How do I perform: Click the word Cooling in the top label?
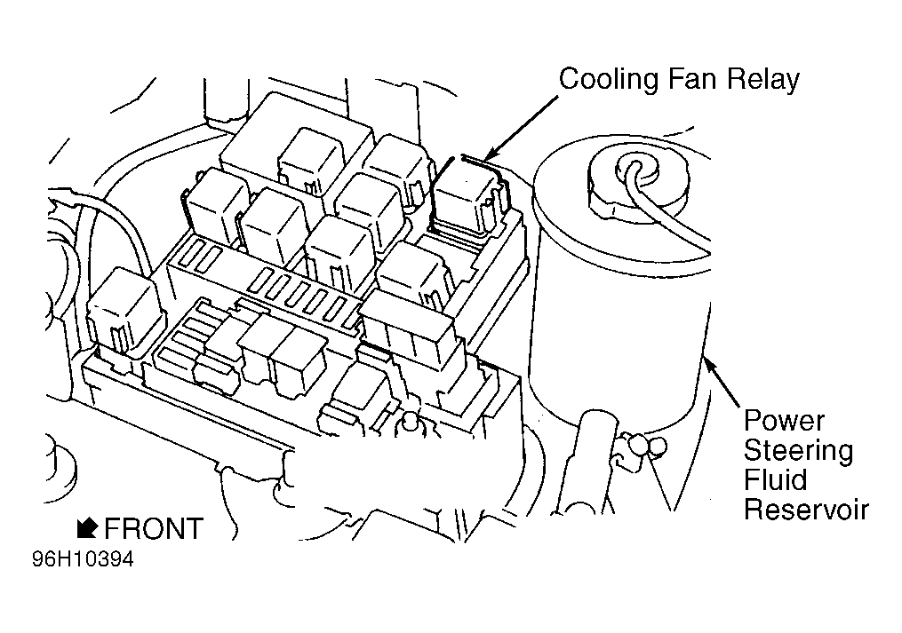coord(609,79)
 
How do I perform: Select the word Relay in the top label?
coord(762,79)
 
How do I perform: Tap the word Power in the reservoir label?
coord(784,420)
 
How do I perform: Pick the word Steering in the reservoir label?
coord(798,451)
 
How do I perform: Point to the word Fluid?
coord(776,480)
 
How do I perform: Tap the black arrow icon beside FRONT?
coord(86,527)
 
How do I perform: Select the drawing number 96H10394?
coord(83,559)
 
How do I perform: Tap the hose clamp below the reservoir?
coord(644,447)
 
